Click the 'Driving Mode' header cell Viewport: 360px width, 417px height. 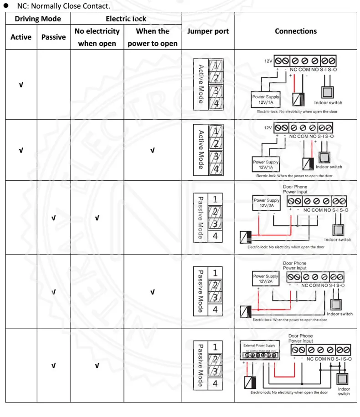[x=38, y=19]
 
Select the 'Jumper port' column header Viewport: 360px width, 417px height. [x=208, y=31]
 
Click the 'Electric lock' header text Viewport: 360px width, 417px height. [x=126, y=19]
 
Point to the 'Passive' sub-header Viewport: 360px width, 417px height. [x=53, y=37]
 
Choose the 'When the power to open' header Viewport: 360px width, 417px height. [x=152, y=37]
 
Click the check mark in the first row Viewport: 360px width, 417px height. [x=21, y=85]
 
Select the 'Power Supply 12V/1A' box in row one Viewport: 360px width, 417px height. [x=266, y=100]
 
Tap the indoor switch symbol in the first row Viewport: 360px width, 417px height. [x=327, y=92]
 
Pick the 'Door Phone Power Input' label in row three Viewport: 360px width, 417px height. [x=295, y=189]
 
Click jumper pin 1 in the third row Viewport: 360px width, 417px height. [x=215, y=199]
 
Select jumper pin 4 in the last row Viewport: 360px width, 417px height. [x=215, y=383]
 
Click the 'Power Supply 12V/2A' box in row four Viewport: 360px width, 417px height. [x=266, y=279]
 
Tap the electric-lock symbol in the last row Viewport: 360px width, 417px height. [x=250, y=382]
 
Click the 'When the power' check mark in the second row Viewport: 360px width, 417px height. [x=152, y=150]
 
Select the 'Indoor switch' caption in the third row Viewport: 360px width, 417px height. [x=338, y=239]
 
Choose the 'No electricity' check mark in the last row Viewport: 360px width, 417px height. [x=97, y=366]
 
